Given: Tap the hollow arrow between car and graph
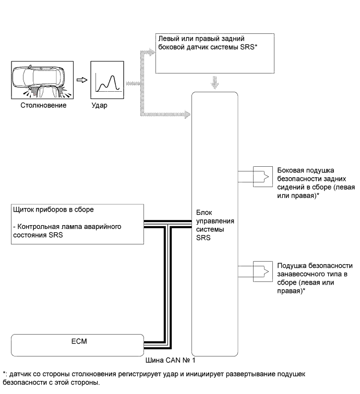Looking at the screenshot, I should point(81,81).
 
